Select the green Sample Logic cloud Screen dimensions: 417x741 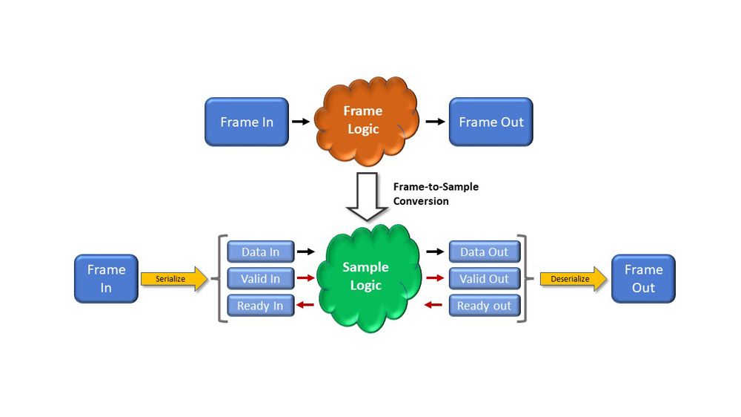point(365,277)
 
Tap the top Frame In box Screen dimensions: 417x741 point(247,122)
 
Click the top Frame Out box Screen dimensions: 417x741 point(491,122)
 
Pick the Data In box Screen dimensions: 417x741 point(260,252)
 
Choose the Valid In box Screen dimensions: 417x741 point(260,278)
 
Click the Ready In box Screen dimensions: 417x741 point(260,305)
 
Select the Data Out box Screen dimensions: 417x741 point(485,252)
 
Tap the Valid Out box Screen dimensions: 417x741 point(485,278)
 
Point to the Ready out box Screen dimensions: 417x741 point(485,305)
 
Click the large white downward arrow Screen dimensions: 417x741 point(368,197)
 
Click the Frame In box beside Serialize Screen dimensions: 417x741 point(106,278)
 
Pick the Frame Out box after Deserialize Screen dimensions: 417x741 point(643,278)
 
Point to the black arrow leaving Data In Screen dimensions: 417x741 point(305,252)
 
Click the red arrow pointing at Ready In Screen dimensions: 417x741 point(305,305)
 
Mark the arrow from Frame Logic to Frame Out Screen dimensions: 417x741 point(435,121)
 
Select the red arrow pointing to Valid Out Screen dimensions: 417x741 point(435,278)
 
